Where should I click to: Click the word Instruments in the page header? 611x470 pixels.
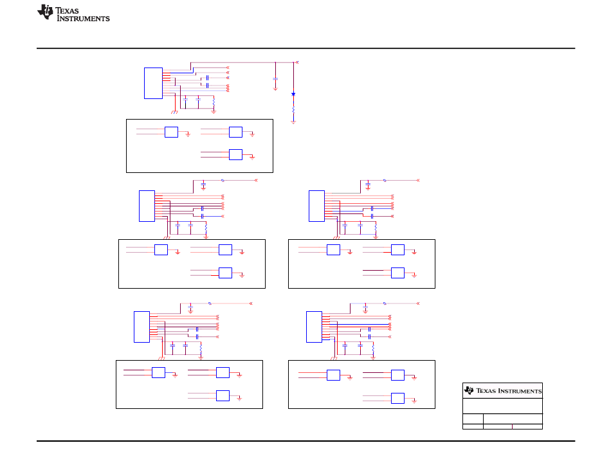pos(84,19)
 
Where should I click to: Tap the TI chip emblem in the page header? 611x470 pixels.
pos(45,12)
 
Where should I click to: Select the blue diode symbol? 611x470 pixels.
pos(293,95)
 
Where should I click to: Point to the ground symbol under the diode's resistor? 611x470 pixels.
pos(293,122)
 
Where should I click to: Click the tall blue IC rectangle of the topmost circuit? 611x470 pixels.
pos(153,82)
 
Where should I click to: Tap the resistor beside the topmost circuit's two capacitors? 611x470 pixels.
pos(213,101)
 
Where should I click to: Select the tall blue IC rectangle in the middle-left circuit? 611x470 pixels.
pos(147,206)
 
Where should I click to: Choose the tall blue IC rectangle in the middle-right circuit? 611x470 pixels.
pos(316,206)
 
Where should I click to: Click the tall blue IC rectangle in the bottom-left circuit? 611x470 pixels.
pos(141,327)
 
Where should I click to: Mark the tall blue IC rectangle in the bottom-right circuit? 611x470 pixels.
pos(314,327)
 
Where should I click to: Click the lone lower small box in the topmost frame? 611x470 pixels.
pos(235,154)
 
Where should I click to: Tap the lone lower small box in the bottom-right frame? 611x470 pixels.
pos(397,398)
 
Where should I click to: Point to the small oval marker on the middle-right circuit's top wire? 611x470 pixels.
pos(385,180)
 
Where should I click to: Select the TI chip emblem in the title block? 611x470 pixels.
pos(469,390)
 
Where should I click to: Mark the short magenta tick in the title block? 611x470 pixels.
pos(512,426)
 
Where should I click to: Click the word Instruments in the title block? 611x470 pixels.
pos(521,391)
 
